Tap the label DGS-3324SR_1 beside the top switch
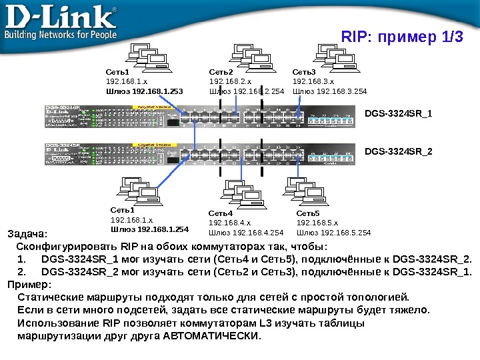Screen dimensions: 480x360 tap(399, 113)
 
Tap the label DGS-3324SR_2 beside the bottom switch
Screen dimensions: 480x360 tap(399, 152)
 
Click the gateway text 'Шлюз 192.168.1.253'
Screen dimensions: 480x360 tap(144, 91)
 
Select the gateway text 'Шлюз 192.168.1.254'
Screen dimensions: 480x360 tap(149, 229)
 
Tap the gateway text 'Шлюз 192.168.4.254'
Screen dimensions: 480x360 tap(246, 233)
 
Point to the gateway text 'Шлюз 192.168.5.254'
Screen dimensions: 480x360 tap(333, 233)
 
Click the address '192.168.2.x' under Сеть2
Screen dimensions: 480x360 tap(227, 81)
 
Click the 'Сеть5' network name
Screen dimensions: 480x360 tap(308, 213)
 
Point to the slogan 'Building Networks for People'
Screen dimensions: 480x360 tap(61, 34)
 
